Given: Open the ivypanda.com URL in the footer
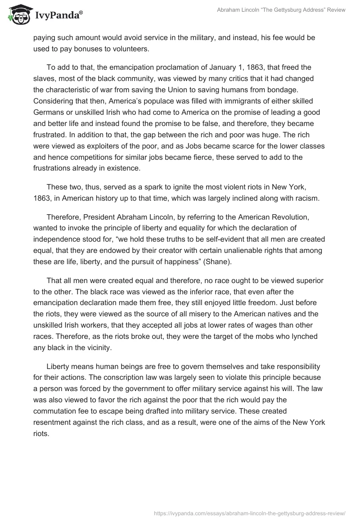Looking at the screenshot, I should (x=249, y=513).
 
